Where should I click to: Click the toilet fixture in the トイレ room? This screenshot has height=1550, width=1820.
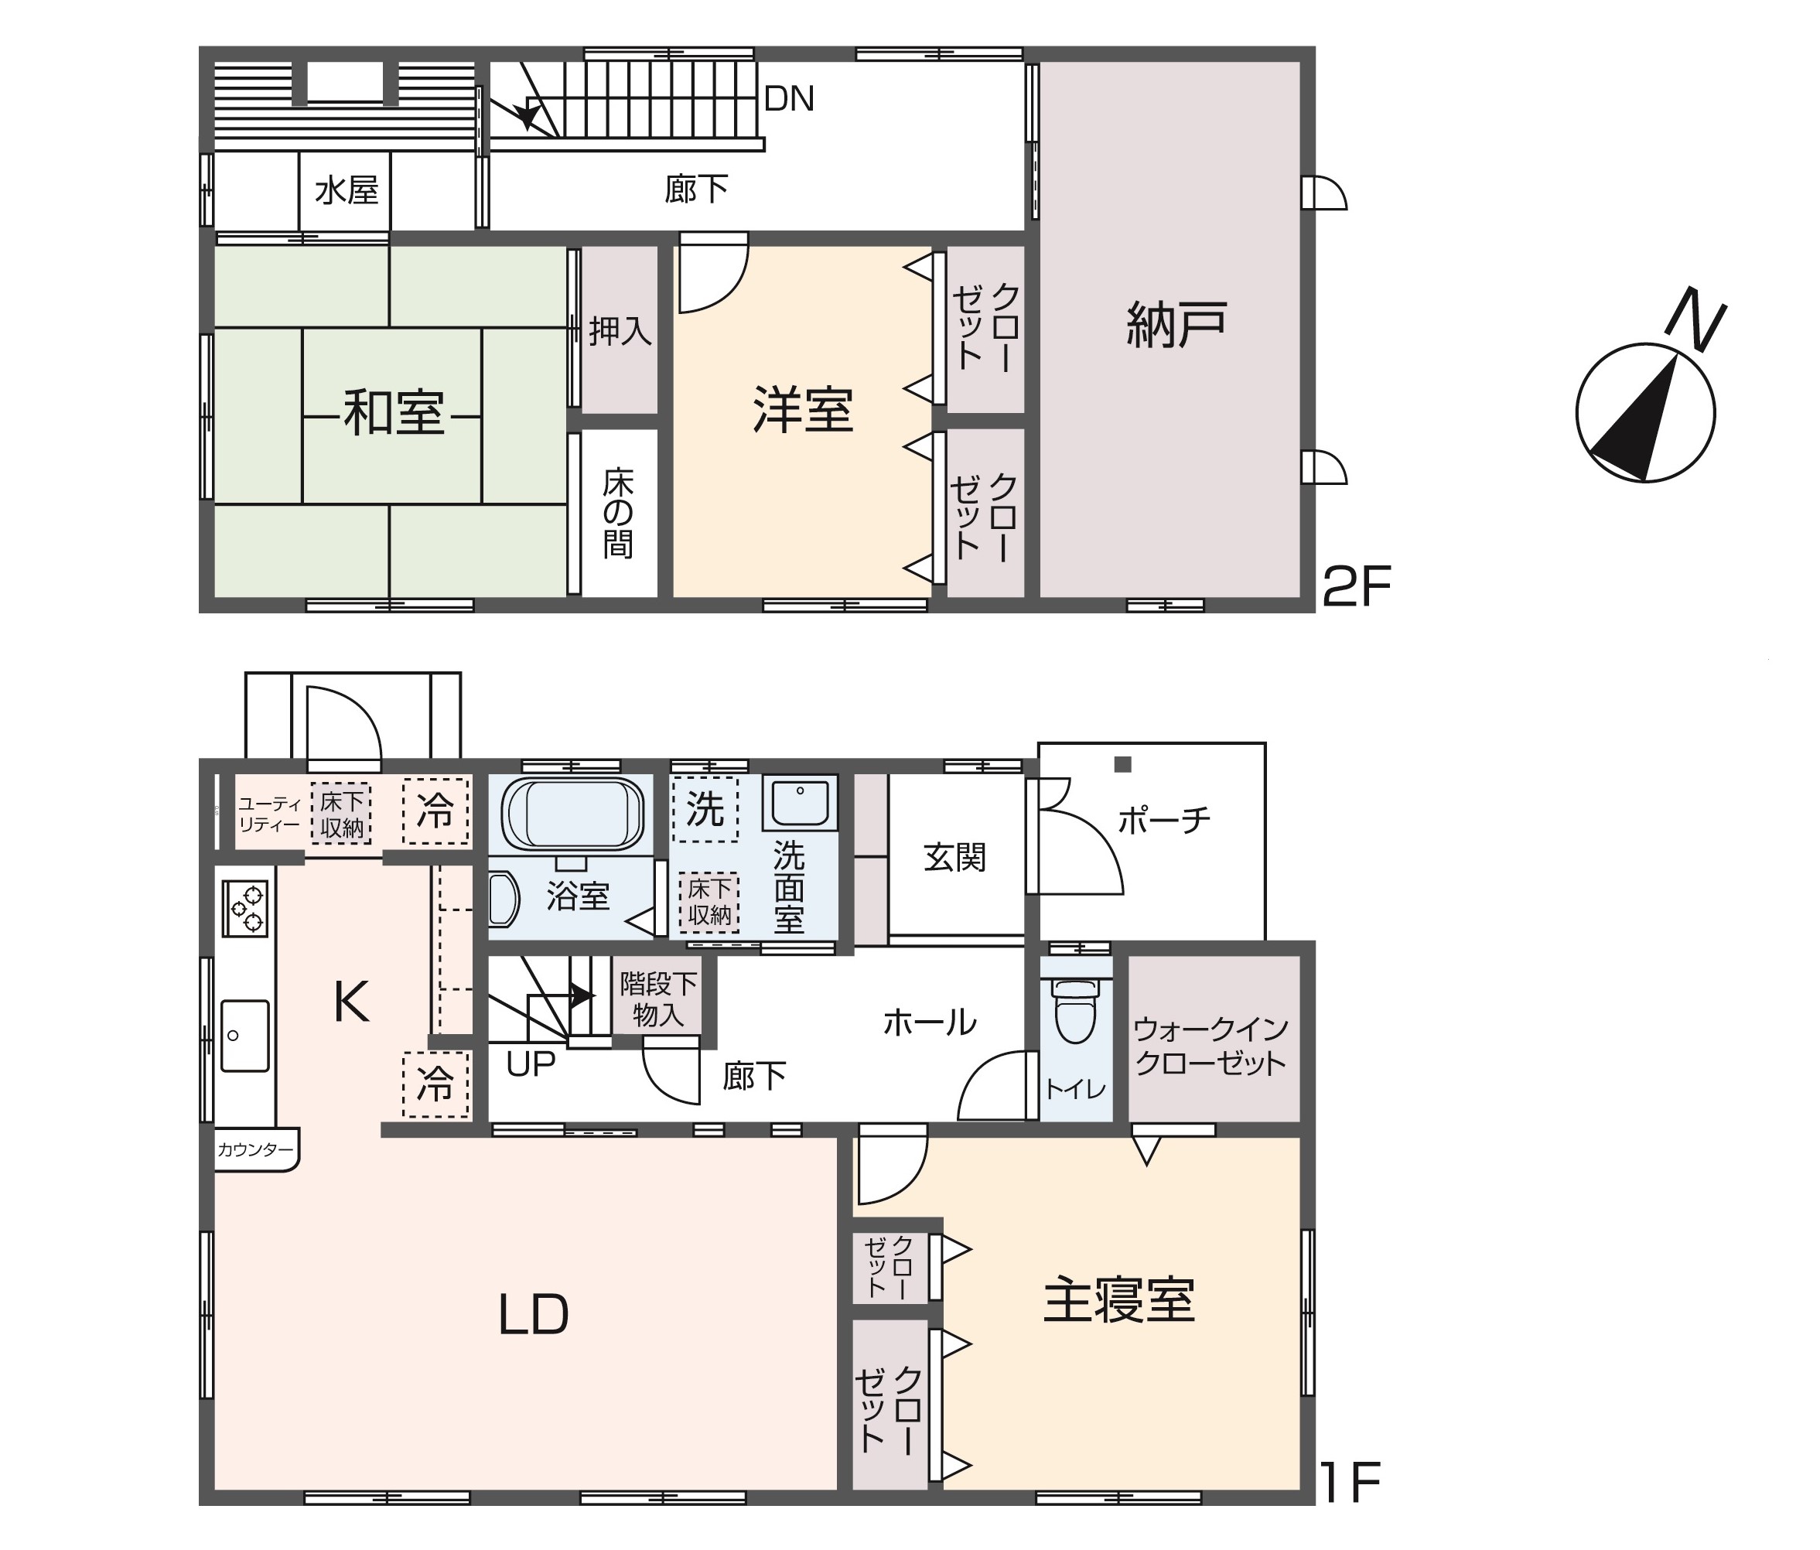(x=1075, y=1011)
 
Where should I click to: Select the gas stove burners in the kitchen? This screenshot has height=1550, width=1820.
(x=245, y=909)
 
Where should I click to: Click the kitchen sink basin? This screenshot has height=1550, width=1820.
(x=244, y=1036)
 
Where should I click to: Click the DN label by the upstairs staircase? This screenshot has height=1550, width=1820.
(x=789, y=99)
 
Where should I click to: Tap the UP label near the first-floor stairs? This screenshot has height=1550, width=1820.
(x=531, y=1064)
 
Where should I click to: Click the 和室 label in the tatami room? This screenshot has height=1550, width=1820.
(x=394, y=414)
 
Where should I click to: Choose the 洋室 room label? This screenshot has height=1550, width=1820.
(x=803, y=410)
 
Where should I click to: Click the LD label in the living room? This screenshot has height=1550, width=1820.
(x=533, y=1315)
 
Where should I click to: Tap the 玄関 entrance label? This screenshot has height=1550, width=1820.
(x=954, y=857)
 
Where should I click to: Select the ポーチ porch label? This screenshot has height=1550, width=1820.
(x=1164, y=820)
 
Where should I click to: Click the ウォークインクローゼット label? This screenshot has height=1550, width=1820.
(x=1210, y=1045)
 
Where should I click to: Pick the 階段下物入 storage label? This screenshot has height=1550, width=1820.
(x=658, y=999)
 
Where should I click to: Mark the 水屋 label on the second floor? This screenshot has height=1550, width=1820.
(x=346, y=190)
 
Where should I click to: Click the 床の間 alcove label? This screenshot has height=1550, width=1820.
(x=618, y=514)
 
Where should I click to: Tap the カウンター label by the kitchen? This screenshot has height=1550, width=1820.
(x=254, y=1149)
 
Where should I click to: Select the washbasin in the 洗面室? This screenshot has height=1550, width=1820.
(x=799, y=802)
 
